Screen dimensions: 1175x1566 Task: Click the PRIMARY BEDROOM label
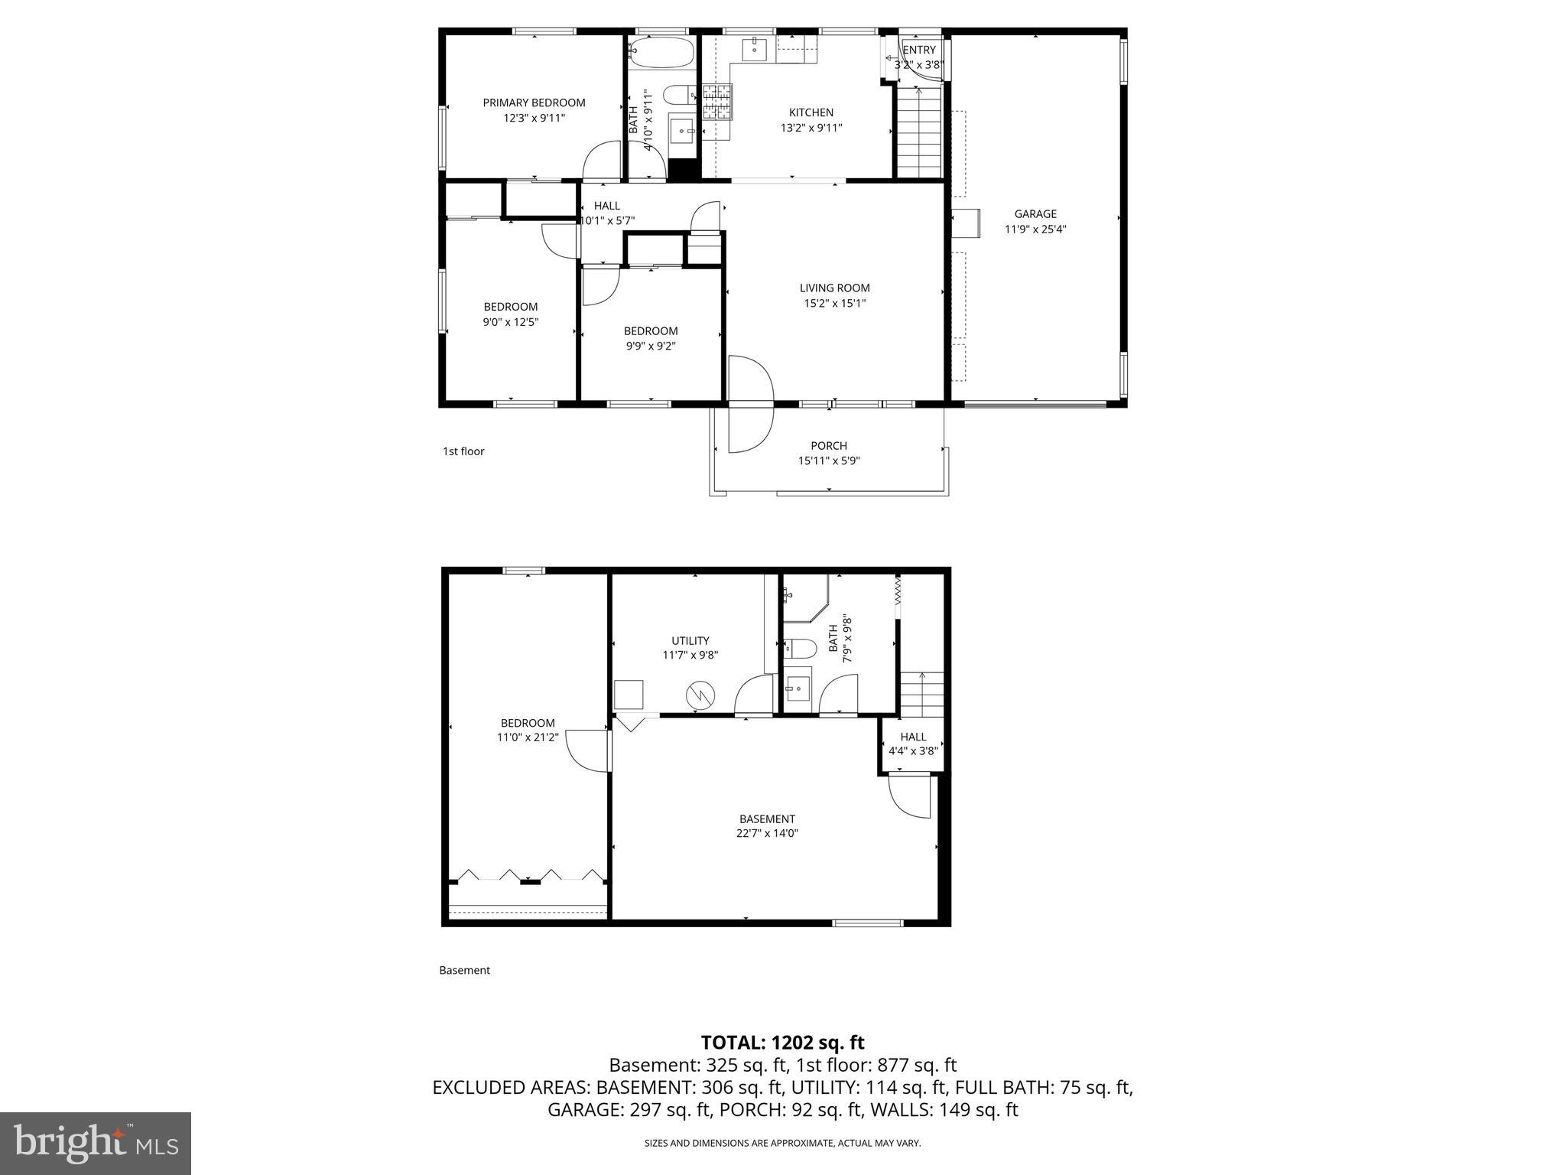[534, 103]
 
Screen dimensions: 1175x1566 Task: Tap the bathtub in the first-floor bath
[661, 54]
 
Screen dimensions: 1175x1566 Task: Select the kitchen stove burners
[717, 103]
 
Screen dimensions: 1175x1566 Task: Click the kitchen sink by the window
[754, 50]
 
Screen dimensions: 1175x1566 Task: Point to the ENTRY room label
[919, 50]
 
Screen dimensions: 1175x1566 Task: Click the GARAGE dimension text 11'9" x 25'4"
[1035, 229]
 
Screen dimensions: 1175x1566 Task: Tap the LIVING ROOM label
[834, 288]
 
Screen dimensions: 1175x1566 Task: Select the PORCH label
[829, 446]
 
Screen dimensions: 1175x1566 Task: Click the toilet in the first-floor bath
[677, 96]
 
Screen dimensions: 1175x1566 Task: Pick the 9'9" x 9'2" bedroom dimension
[651, 346]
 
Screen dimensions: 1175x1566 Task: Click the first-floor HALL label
[607, 206]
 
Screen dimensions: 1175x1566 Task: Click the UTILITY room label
[690, 641]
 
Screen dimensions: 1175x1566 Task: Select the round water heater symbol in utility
[700, 695]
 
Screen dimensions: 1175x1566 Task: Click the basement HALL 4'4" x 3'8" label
[913, 744]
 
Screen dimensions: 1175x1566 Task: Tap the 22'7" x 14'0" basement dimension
[767, 834]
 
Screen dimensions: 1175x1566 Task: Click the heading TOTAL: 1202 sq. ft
[782, 1043]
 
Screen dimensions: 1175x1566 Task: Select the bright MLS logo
[96, 1143]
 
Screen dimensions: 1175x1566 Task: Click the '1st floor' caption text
[463, 451]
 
